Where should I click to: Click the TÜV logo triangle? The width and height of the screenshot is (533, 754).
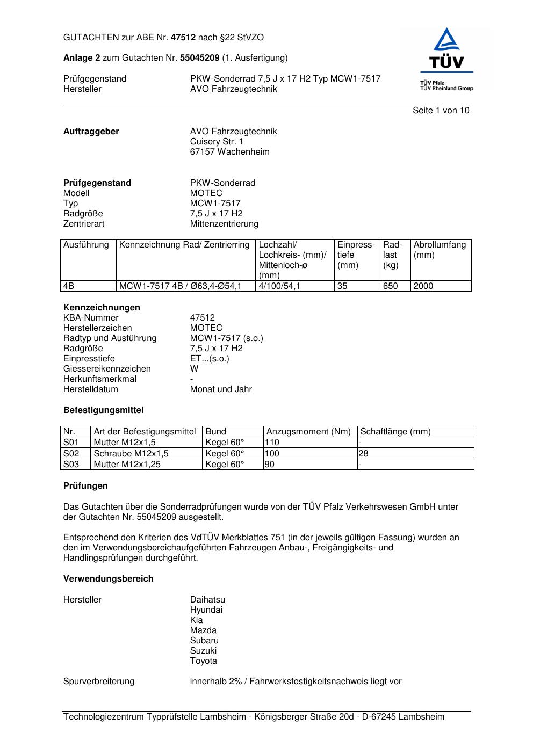pos(446,41)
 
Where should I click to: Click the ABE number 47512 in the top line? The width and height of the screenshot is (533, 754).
pos(183,38)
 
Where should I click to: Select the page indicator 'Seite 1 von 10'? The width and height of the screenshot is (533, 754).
pos(441,111)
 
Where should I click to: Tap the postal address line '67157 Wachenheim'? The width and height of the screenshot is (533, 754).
pos(229,152)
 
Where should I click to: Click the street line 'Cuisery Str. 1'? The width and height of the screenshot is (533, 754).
pos(217,142)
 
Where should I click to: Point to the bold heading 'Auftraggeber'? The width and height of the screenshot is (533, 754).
pos(91,132)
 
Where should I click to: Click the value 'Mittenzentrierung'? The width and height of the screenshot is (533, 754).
pos(224,224)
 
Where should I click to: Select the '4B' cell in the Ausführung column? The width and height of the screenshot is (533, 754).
pos(69,286)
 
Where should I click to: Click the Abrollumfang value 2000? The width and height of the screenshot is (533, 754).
pos(423,286)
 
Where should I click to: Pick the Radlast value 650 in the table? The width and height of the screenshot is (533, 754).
pos(390,286)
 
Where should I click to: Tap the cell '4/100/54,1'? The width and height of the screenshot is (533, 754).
pos(279,286)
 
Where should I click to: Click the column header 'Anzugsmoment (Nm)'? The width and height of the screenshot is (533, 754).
pos(308,432)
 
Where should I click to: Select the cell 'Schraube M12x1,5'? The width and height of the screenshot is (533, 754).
pos(131,454)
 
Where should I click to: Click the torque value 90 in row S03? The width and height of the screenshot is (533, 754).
pos(270,465)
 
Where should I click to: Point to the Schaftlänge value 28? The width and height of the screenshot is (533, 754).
pos(364,454)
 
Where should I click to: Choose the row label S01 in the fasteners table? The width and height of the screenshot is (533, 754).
pos(71,443)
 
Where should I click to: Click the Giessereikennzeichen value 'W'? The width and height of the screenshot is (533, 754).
pos(194,369)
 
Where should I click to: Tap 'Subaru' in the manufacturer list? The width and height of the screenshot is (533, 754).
pos(204,641)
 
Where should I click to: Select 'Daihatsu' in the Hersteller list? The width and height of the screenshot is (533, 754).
pos(207,600)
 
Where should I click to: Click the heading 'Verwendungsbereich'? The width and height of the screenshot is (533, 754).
pos(108,579)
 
